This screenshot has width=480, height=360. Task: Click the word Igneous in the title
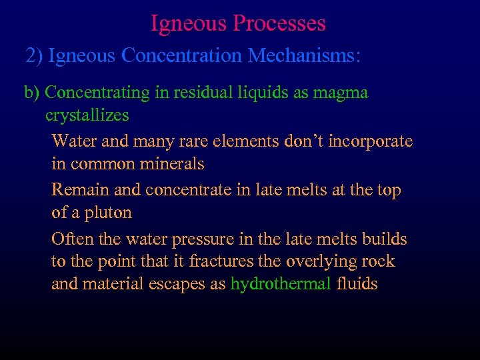(189, 24)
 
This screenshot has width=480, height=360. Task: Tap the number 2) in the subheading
(34, 55)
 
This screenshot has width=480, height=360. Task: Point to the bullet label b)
(32, 93)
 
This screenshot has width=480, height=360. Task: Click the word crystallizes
(87, 115)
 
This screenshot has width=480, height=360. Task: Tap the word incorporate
(374, 141)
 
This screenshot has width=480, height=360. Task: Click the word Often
(72, 239)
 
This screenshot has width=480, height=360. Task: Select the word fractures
(221, 261)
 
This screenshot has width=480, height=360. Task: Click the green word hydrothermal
(281, 284)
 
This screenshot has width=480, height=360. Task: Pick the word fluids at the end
(357, 284)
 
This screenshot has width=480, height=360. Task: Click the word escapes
(179, 284)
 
